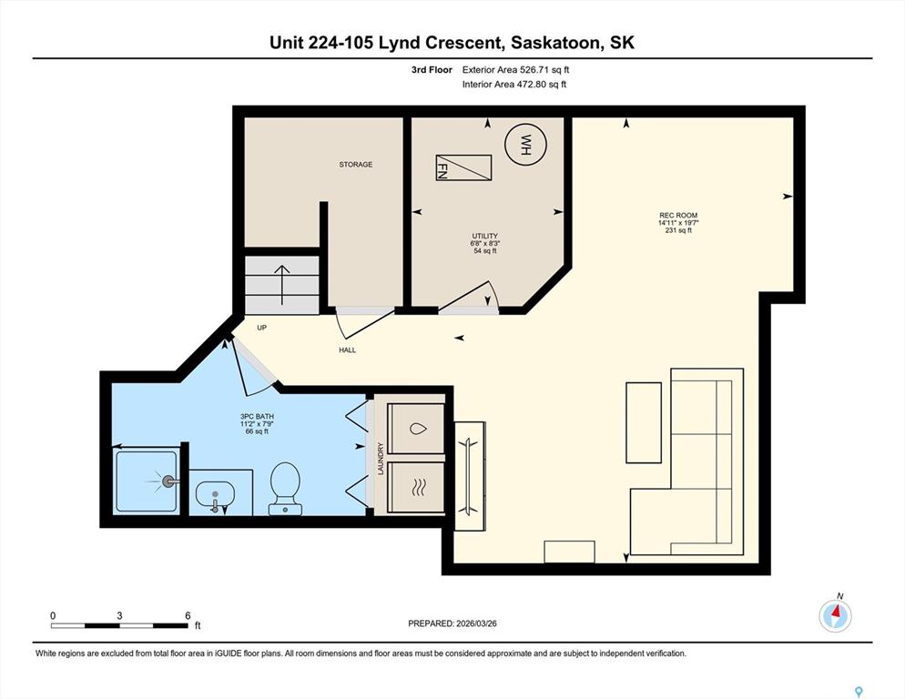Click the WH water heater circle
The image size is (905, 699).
tap(525, 145)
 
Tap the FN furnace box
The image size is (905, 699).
tap(463, 167)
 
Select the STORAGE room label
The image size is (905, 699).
tap(355, 165)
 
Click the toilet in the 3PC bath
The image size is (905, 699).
tap(285, 489)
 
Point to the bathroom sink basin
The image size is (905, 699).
tap(215, 495)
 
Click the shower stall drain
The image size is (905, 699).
tap(169, 481)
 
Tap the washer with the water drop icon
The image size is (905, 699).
tap(416, 429)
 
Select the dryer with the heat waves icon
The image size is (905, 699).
tap(416, 487)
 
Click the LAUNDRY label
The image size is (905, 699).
tap(381, 459)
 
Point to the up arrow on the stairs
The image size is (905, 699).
tap(281, 285)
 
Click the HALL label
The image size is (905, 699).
tap(348, 349)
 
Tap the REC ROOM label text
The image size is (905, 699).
tap(678, 216)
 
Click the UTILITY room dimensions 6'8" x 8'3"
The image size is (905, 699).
tap(484, 244)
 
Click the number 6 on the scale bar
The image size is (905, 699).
tap(188, 616)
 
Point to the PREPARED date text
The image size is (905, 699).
tap(452, 623)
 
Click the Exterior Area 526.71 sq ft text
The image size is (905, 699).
tap(515, 70)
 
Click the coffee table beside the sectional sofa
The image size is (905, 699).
tap(644, 422)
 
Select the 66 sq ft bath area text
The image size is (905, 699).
tap(257, 431)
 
